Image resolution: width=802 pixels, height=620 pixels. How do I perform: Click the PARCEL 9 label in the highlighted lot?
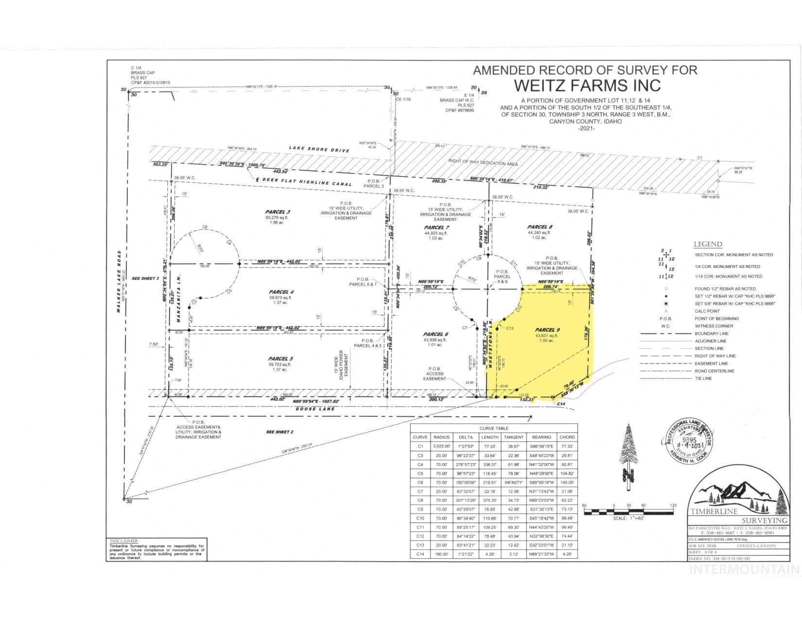(x=544, y=330)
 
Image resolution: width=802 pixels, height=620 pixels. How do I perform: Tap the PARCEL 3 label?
(x=278, y=212)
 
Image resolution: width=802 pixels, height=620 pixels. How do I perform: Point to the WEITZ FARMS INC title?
(x=587, y=85)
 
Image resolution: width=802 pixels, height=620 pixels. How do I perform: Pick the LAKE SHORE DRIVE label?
(x=319, y=150)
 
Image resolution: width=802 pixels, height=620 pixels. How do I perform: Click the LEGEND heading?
(x=708, y=244)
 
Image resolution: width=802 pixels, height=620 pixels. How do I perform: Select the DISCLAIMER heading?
(x=124, y=541)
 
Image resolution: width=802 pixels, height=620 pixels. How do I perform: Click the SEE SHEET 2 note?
(x=280, y=432)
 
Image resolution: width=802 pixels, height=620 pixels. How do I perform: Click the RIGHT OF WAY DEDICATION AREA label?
(x=483, y=163)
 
